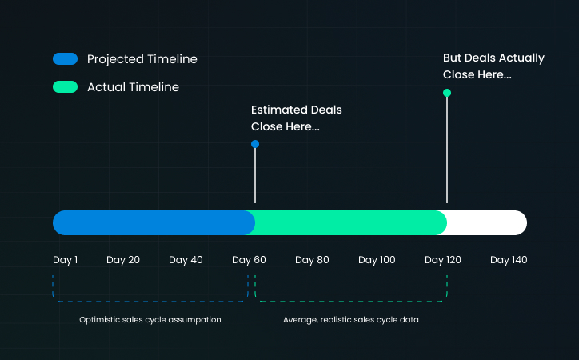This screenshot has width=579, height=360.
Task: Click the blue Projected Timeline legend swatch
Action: click(65, 58)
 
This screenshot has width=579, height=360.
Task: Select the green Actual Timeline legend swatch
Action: click(65, 86)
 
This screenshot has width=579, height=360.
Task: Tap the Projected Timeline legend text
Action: click(142, 59)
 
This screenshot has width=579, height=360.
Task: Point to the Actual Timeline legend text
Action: click(133, 87)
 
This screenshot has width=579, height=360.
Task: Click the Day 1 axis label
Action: click(65, 260)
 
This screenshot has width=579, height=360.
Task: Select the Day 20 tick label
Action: click(123, 260)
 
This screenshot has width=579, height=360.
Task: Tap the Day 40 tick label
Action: click(186, 260)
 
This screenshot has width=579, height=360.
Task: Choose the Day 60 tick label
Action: click(249, 260)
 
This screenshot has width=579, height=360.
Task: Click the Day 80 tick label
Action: click(312, 260)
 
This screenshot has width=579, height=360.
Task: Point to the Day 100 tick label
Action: click(377, 260)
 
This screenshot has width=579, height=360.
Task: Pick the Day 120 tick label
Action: click(443, 260)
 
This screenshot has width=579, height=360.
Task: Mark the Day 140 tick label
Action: click(509, 260)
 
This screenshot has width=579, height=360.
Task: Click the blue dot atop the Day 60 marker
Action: click(255, 144)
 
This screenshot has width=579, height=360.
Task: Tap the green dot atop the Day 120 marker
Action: click(447, 93)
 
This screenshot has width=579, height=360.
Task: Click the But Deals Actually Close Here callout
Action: click(493, 66)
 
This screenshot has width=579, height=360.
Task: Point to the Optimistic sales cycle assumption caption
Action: click(150, 320)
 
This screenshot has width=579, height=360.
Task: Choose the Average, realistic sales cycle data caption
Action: click(351, 320)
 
